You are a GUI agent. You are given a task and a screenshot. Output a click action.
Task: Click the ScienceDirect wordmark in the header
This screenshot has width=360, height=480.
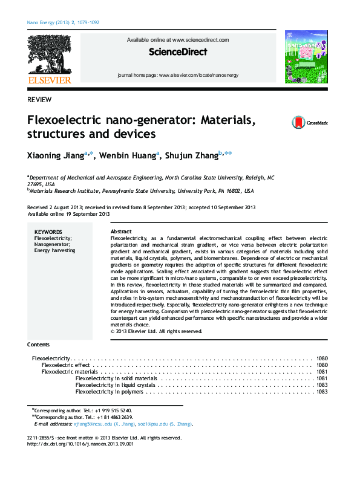177,53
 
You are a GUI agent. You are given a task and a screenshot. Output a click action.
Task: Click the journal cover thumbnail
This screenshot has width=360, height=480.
306,56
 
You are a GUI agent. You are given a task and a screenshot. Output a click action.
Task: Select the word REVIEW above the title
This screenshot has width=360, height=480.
39,99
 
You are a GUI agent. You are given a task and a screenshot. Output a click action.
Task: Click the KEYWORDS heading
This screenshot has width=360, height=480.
48,232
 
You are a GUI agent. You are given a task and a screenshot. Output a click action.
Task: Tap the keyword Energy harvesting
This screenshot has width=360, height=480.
55,250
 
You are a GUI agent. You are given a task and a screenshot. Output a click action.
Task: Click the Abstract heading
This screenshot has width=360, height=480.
121,232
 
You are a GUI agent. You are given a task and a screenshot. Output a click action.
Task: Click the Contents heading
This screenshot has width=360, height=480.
39,345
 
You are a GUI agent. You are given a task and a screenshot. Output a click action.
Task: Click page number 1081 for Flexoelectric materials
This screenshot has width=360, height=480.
321,372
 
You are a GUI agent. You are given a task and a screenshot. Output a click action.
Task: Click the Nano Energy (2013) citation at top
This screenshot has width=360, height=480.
64,24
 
